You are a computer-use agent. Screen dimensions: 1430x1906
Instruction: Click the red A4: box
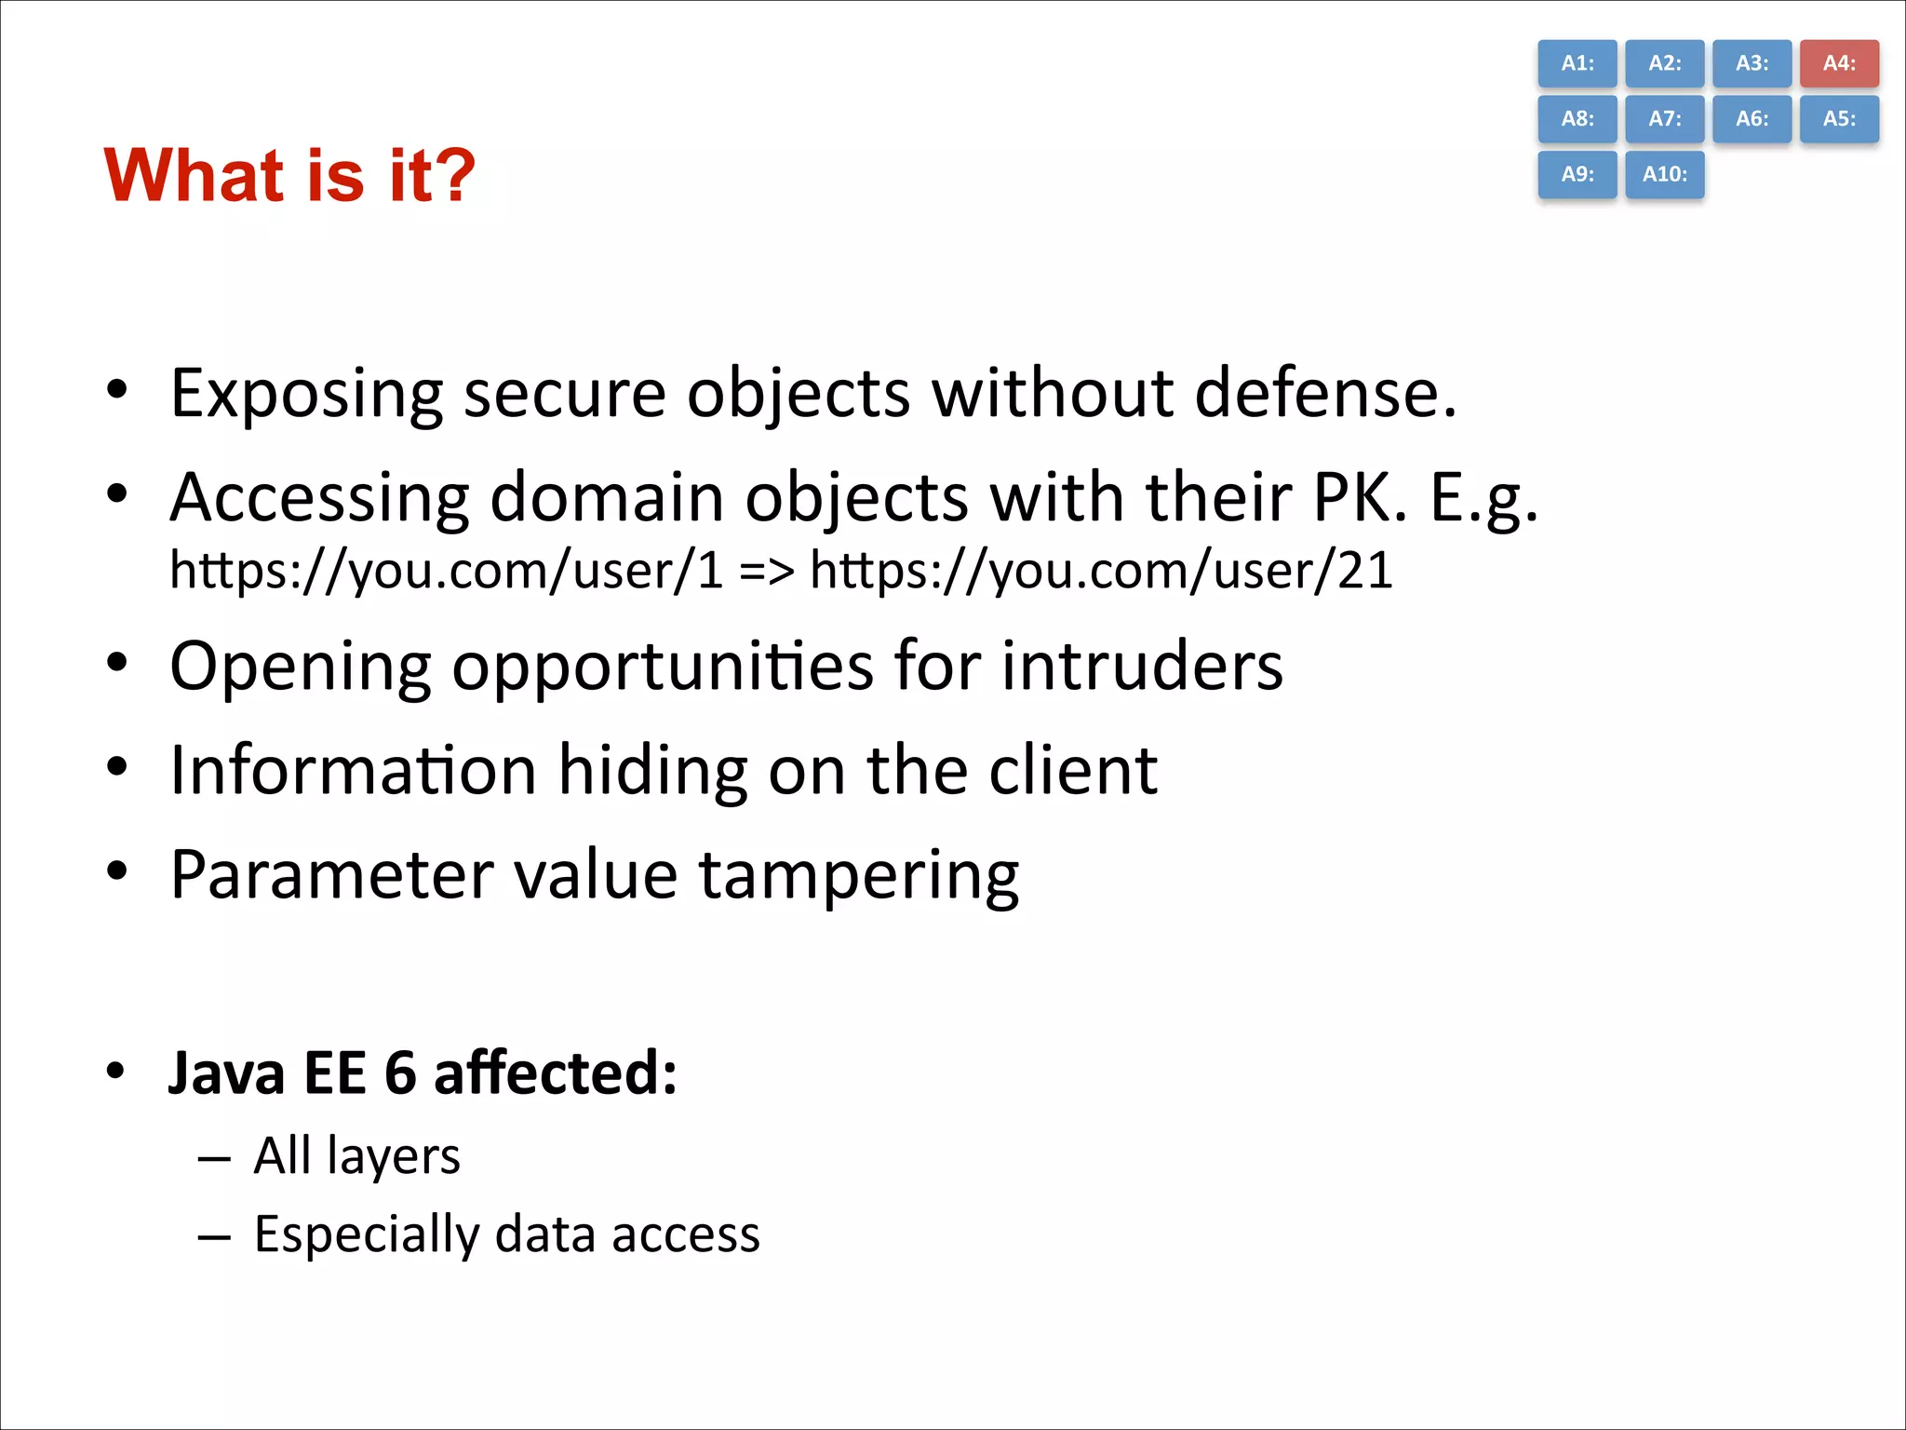pos(1839,63)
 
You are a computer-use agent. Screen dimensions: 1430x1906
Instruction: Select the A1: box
pos(1577,63)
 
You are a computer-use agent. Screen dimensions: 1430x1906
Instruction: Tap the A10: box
pos(1665,174)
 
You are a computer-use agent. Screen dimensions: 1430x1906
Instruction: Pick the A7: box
pos(1665,119)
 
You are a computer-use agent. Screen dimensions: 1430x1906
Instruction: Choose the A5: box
pos(1839,119)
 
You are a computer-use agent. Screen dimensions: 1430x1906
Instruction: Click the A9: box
pos(1577,174)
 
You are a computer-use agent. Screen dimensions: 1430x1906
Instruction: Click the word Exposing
pos(306,395)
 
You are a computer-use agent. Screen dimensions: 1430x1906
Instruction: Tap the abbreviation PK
pos(1358,497)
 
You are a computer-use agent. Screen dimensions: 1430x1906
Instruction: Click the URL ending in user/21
pos(1101,570)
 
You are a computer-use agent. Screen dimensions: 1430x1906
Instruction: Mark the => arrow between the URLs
pos(767,570)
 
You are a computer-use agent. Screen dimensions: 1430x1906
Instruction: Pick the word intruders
pos(1142,667)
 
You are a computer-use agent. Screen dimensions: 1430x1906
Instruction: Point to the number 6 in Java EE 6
pos(400,1073)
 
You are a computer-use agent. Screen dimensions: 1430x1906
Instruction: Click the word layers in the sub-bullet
pos(394,1157)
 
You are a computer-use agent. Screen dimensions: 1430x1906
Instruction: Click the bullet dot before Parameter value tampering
pos(116,871)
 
